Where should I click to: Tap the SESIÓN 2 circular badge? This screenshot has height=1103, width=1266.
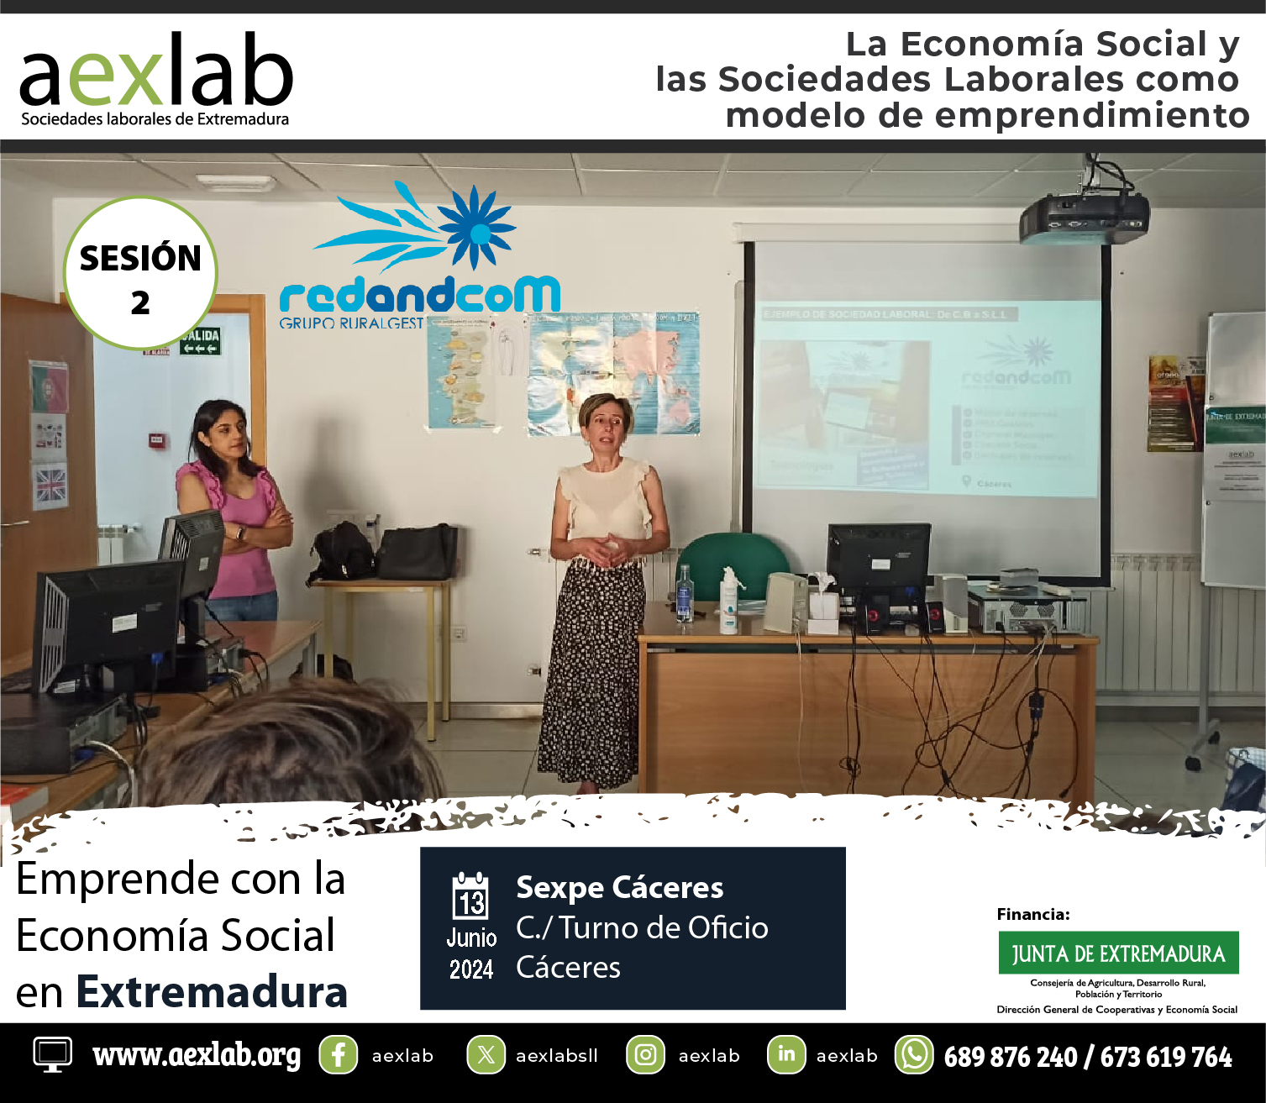point(140,274)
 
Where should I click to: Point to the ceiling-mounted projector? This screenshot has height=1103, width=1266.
point(1084,217)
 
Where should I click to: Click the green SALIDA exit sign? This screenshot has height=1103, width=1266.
point(199,341)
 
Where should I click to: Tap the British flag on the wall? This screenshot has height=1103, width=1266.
point(50,486)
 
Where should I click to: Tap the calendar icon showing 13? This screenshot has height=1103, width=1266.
point(470,897)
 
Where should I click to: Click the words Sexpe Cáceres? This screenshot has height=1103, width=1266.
point(619,887)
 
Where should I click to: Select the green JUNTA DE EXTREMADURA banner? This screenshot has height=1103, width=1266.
point(1118,953)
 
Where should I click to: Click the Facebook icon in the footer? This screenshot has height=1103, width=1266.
point(338,1055)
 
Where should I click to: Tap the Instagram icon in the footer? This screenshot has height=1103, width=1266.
point(645,1055)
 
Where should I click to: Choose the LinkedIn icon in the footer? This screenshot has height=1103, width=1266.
point(786,1055)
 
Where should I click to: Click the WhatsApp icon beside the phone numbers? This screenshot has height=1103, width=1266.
point(913,1055)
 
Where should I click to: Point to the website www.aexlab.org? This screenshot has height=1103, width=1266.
point(197,1055)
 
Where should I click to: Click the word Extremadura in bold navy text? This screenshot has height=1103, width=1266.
point(212,992)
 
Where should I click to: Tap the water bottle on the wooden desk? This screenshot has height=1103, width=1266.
point(685,594)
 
